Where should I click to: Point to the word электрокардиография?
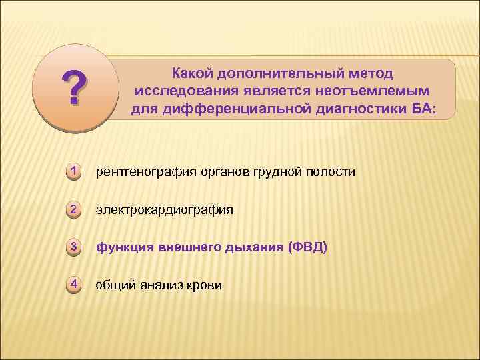[164, 210]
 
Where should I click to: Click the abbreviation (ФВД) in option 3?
[307, 248]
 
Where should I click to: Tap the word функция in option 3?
[124, 248]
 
